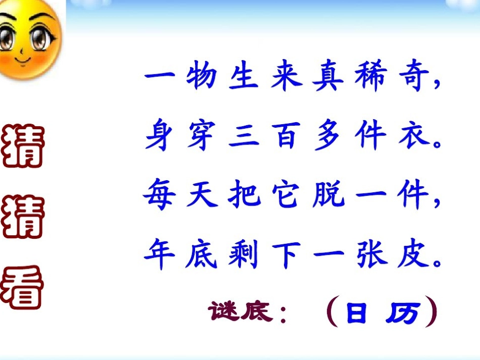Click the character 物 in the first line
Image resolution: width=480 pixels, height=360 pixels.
(202, 79)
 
